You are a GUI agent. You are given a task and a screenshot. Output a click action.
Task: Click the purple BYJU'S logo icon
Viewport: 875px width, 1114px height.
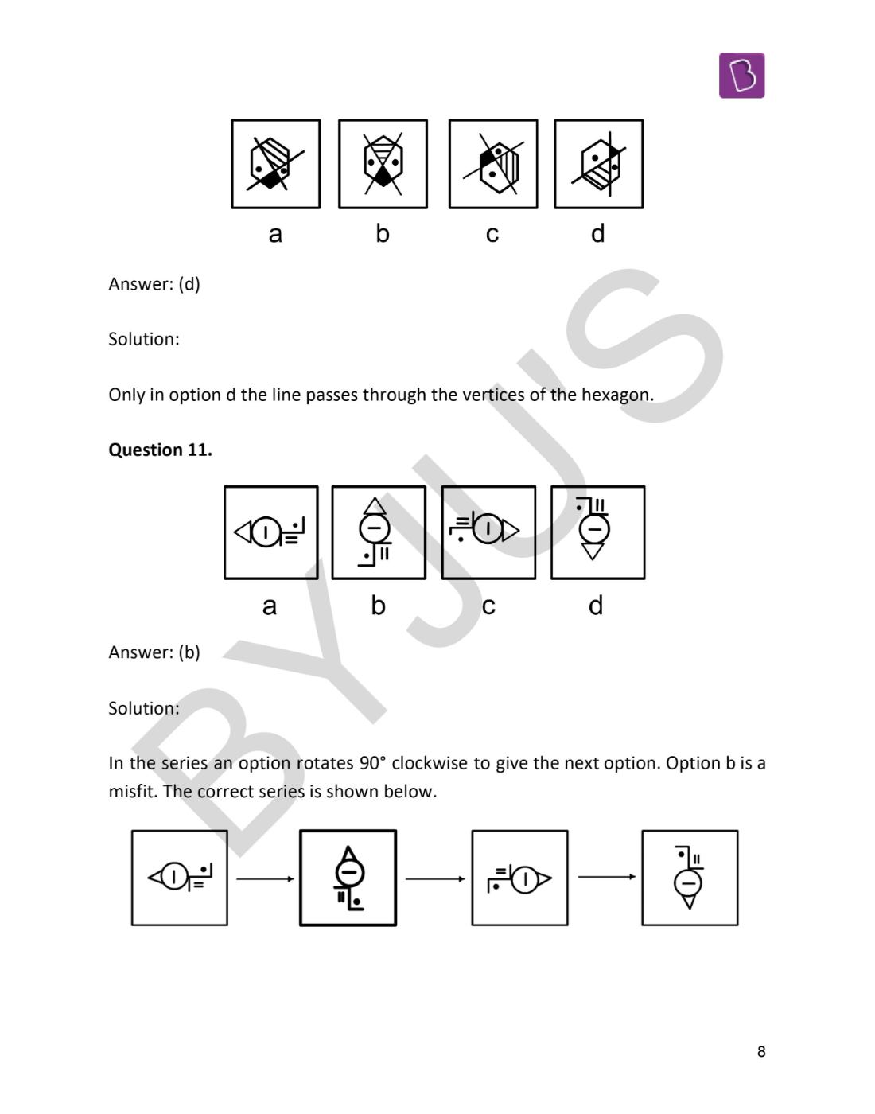coord(741,76)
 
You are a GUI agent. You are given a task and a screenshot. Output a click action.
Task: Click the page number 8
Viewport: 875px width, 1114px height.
coord(760,1051)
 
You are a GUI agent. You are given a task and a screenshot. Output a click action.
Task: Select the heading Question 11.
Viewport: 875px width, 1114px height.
coord(160,450)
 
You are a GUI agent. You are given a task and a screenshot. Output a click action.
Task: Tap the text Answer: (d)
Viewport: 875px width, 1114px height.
coord(154,284)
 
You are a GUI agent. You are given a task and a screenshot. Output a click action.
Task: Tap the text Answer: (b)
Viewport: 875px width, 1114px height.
coord(154,652)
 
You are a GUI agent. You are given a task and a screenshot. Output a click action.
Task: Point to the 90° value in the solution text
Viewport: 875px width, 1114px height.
coord(372,763)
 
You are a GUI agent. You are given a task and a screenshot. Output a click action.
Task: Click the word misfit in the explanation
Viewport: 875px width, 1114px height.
coord(133,792)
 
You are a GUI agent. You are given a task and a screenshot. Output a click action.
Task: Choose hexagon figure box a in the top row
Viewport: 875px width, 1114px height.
coord(275,164)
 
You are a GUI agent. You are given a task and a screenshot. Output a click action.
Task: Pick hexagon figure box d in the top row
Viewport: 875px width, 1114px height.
coord(598,164)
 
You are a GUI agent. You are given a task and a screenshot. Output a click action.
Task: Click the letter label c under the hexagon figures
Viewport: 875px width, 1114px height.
coord(492,233)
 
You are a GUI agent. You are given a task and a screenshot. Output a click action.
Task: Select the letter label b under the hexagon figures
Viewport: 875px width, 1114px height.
coord(383,233)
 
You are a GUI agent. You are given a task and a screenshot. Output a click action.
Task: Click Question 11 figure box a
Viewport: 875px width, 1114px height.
coord(270,532)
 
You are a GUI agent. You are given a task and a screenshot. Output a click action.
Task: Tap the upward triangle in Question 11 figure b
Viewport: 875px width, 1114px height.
coord(375,506)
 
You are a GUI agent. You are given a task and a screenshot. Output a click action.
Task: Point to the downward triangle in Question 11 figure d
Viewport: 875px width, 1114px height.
coord(593,551)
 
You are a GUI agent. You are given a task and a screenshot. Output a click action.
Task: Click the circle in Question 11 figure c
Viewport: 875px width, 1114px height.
coord(487,528)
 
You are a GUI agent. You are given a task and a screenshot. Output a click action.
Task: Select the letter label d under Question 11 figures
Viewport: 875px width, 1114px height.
coord(596,606)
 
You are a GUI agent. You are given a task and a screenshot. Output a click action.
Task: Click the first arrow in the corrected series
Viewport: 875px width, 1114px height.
coord(265,878)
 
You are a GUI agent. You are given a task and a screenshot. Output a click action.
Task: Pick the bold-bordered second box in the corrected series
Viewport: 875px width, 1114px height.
coord(348,878)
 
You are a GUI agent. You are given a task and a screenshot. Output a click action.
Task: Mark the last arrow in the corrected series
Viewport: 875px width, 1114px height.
coord(606,877)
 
